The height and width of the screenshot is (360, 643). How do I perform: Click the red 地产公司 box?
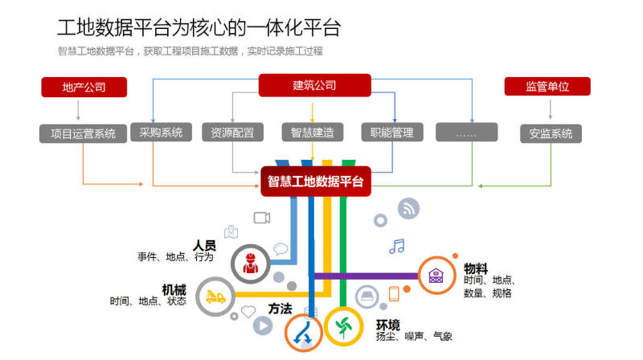pos(84,87)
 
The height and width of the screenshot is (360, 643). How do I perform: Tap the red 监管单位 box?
pos(547,87)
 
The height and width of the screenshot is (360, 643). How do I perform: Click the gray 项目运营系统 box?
pos(83,133)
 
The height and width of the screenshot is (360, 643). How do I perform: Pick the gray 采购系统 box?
pos(161,132)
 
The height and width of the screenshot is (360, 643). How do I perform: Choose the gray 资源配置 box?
pos(232,133)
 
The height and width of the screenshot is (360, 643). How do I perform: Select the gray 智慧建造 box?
pos(312,133)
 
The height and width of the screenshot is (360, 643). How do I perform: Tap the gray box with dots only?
pos(466,133)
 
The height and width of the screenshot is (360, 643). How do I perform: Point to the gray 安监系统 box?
pos(551,133)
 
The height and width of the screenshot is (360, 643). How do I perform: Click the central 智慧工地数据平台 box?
pos(315,182)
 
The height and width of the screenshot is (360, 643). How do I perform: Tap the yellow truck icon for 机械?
pos(215,297)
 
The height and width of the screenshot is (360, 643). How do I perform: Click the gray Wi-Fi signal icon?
pos(408,208)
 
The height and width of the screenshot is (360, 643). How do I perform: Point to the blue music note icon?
pos(396,246)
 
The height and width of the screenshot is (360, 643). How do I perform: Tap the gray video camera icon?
pos(262,217)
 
